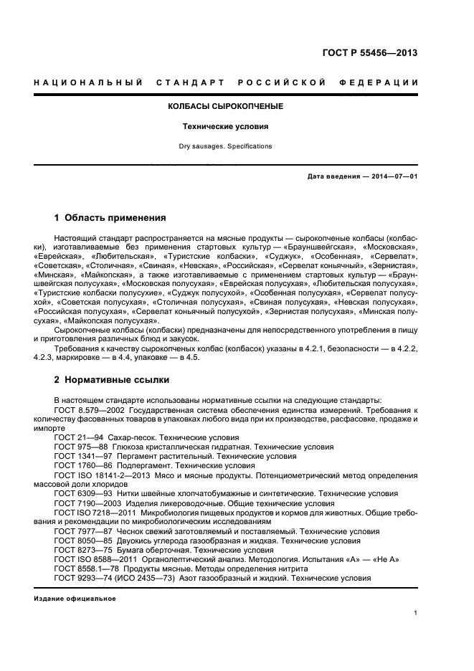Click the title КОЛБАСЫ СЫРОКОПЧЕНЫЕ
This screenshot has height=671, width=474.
[x=225, y=106]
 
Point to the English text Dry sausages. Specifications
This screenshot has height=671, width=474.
[x=225, y=146]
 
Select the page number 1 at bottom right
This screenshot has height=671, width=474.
[x=415, y=613]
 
